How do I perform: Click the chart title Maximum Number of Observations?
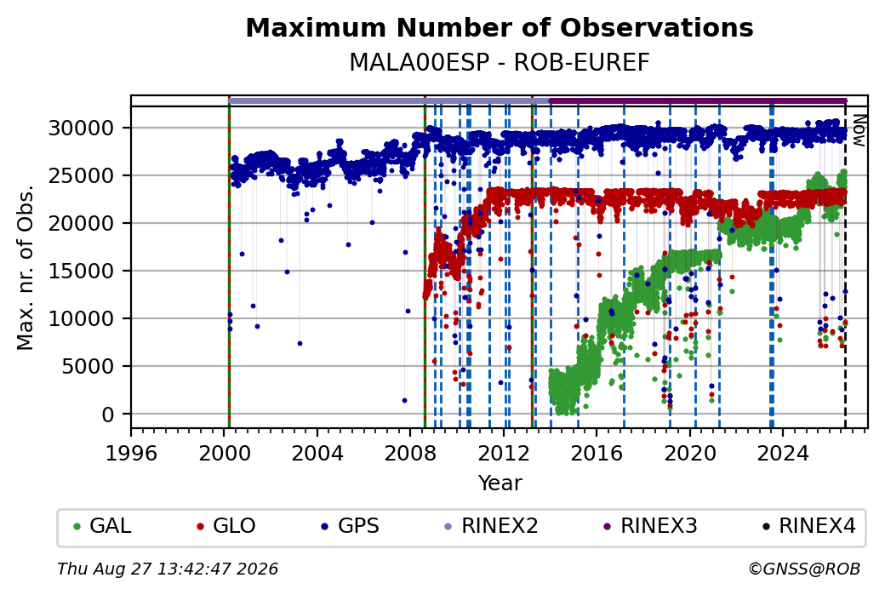[x=500, y=27]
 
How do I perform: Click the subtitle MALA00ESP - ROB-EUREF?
[x=500, y=62]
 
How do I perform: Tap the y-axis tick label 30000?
[x=82, y=129]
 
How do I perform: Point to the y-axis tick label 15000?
[x=82, y=271]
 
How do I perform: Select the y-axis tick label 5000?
[x=88, y=366]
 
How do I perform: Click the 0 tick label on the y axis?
[x=108, y=415]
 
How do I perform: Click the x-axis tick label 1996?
[x=132, y=453]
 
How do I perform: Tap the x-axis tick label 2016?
[x=597, y=453]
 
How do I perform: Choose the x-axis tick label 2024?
[x=783, y=453]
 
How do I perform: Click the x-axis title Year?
[x=500, y=483]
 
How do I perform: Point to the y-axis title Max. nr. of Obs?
[x=26, y=267]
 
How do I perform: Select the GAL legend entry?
[x=103, y=526]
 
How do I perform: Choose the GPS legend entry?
[x=351, y=526]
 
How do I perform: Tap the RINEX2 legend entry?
[x=492, y=526]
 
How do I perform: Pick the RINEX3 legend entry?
[x=651, y=526]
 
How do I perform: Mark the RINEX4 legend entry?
[x=809, y=526]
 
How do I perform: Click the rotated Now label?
[x=859, y=130]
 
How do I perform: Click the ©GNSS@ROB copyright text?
[x=804, y=569]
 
